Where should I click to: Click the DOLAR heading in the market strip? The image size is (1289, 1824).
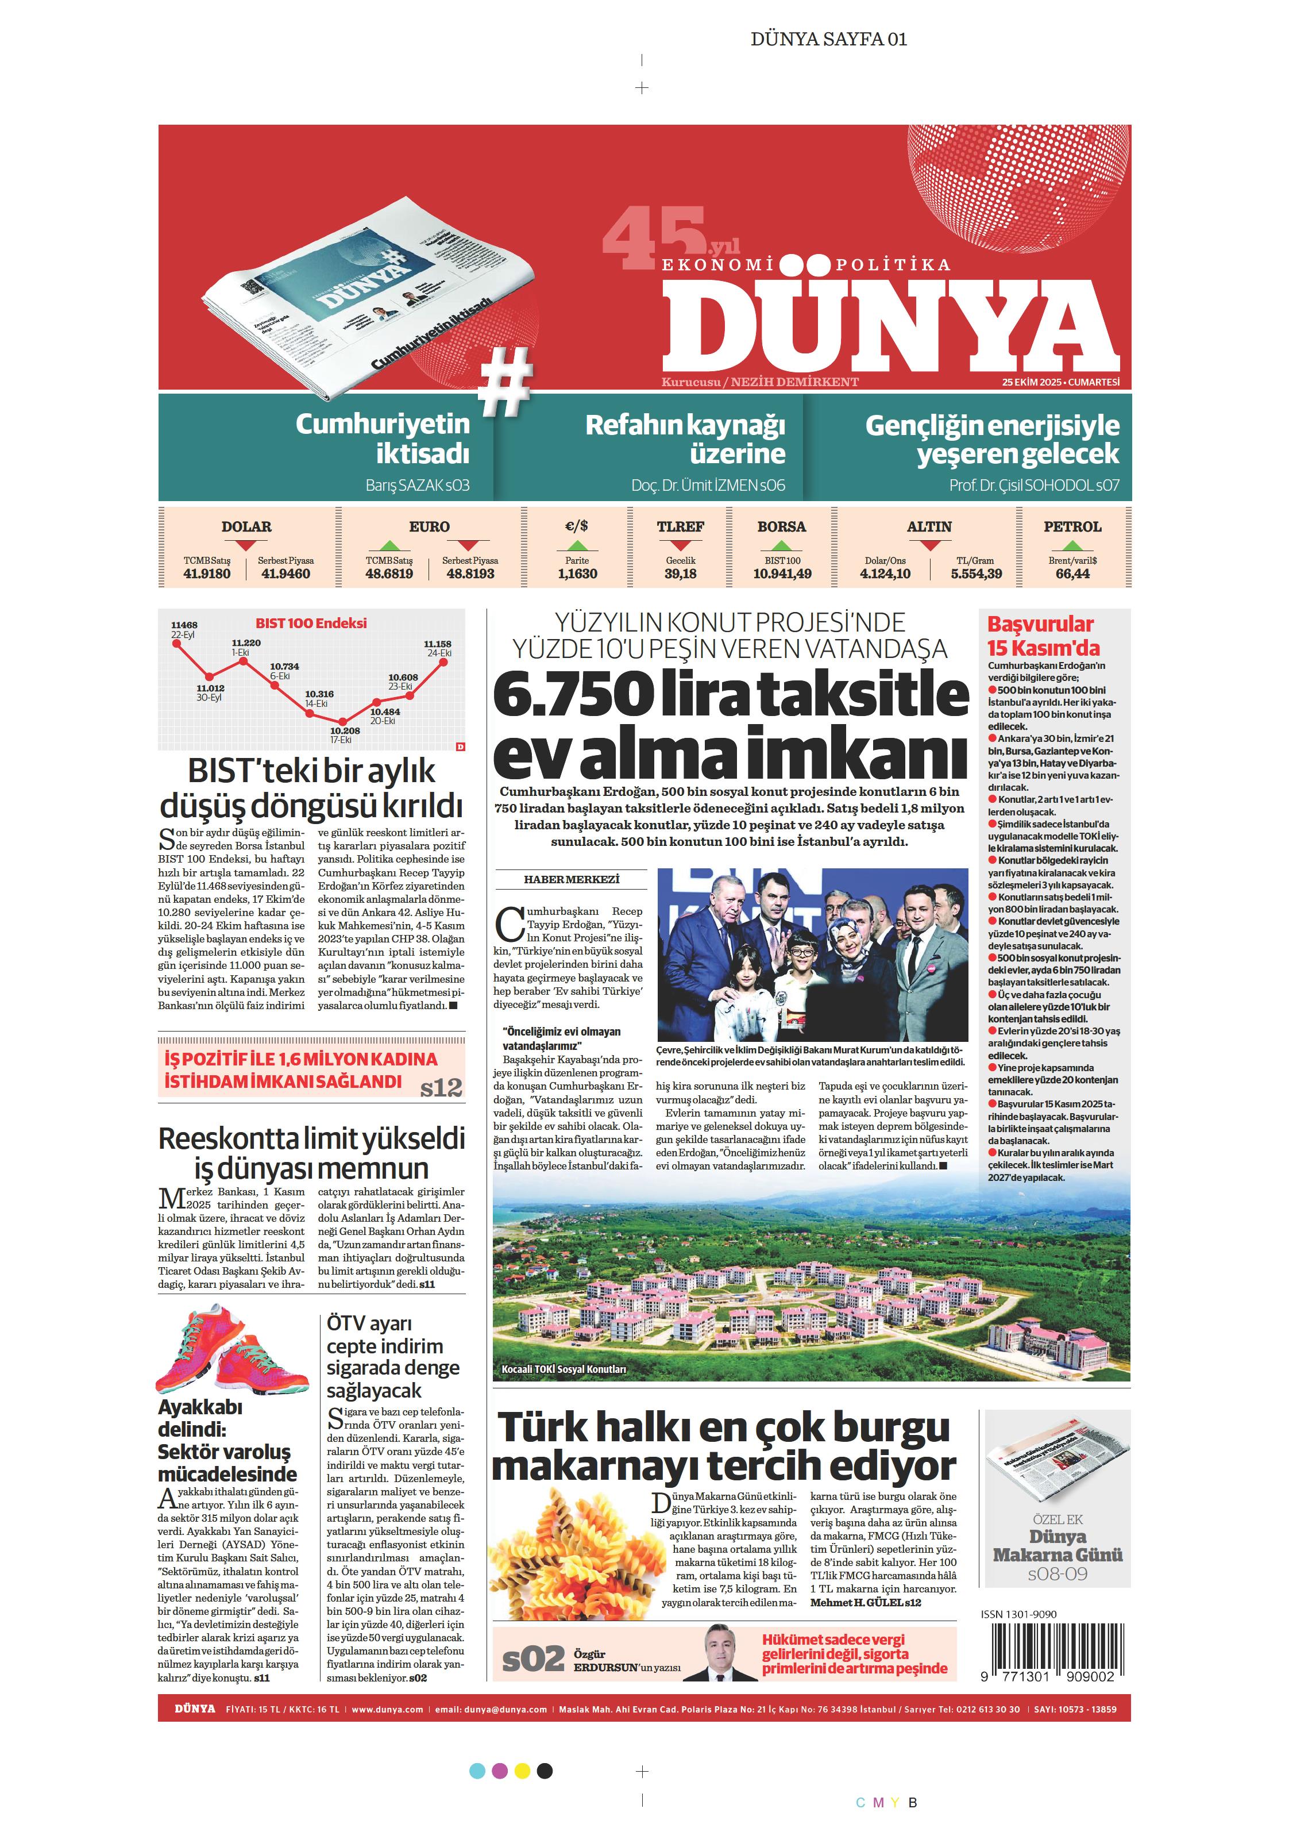pos(246,527)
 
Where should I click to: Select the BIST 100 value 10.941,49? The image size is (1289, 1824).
pos(782,574)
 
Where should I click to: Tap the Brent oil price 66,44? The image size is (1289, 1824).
pos(1072,574)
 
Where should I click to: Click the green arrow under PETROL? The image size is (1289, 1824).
pos(1072,546)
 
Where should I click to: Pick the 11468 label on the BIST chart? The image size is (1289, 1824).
pos(184,625)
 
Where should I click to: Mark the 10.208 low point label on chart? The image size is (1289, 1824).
pos(345,730)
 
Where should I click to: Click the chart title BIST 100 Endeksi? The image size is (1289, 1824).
pos(311,624)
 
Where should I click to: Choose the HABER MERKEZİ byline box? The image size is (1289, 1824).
pos(571,879)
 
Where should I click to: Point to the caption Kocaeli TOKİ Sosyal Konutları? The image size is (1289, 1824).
pos(564,1369)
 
